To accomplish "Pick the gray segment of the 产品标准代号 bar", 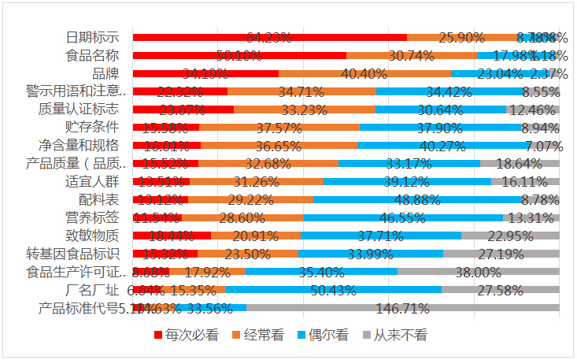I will click(x=401, y=307).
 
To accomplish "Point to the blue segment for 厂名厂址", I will click(x=334, y=290).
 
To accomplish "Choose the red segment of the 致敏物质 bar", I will click(x=172, y=236).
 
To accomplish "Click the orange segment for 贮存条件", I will click(x=279, y=128).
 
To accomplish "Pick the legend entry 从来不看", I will click(x=398, y=334).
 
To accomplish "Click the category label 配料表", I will click(x=100, y=199).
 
